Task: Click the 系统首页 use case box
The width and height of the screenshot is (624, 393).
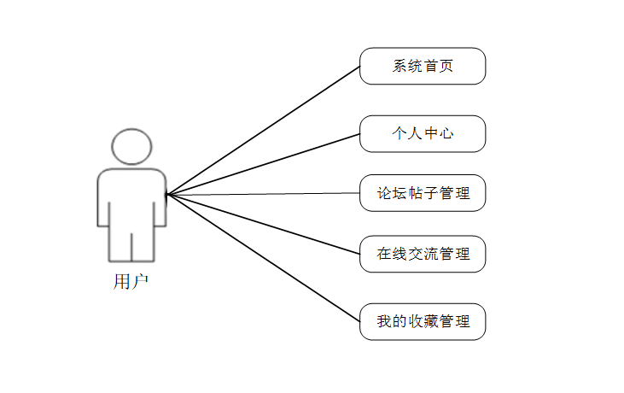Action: click(423, 66)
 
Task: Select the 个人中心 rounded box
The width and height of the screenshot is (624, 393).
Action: click(423, 133)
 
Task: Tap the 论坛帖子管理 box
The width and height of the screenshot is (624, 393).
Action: click(423, 193)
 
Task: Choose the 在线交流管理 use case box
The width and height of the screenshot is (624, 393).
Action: click(423, 254)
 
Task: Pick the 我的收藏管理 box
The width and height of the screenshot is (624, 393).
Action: click(423, 321)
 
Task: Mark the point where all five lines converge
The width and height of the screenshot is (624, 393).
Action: click(167, 195)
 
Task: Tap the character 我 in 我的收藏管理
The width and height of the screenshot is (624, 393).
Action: click(385, 322)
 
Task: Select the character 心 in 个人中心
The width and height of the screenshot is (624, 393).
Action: click(446, 134)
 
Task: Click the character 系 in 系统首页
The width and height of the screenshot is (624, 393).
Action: click(399, 67)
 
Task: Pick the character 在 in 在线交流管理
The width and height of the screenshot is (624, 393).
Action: click(385, 255)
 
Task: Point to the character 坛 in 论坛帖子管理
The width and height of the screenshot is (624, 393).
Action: click(400, 194)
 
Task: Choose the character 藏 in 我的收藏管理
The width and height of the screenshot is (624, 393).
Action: click(431, 322)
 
